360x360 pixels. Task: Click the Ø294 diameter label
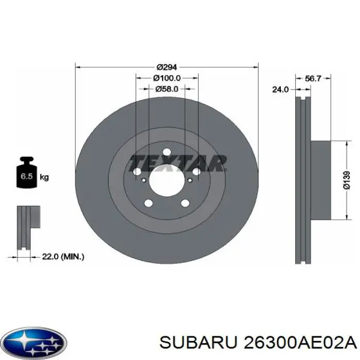[x=167, y=67]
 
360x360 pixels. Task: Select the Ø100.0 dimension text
[x=167, y=78]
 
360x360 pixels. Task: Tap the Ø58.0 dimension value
[x=167, y=88]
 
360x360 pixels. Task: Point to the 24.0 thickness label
[x=280, y=89]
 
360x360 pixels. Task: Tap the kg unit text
[x=44, y=177]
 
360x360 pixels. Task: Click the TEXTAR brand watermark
[x=177, y=163]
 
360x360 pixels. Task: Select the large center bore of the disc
[x=167, y=181]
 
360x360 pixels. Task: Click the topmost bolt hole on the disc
[x=167, y=152]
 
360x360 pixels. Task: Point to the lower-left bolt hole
[x=149, y=203]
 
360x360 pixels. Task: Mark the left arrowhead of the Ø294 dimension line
[x=78, y=67]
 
